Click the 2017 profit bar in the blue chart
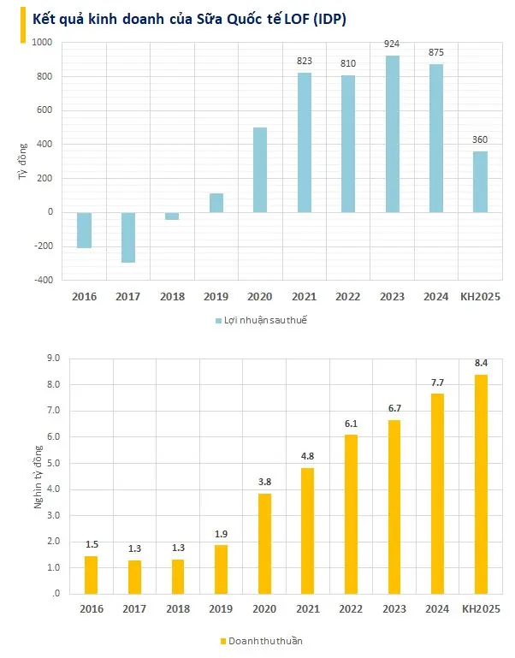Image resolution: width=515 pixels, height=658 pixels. pyautogui.click(x=128, y=237)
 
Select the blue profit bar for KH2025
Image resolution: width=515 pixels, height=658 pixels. pyautogui.click(x=480, y=181)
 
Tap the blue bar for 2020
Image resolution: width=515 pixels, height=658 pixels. pyautogui.click(x=260, y=169)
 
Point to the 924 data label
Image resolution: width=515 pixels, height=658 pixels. pyautogui.click(x=392, y=43)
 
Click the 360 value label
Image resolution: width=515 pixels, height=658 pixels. pyautogui.click(x=480, y=139)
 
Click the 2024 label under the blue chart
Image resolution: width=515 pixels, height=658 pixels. pyautogui.click(x=436, y=297)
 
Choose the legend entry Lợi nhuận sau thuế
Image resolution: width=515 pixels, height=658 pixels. pyautogui.click(x=261, y=320)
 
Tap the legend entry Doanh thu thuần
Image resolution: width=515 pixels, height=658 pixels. pyautogui.click(x=261, y=640)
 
